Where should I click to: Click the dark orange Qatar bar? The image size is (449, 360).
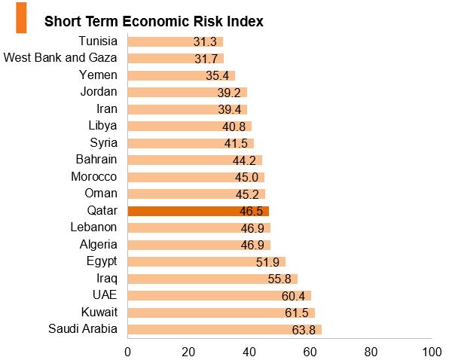pos(198,211)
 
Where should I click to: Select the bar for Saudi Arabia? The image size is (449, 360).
pos(225,329)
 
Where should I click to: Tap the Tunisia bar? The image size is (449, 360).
pos(176,41)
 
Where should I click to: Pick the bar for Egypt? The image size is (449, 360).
pos(206,262)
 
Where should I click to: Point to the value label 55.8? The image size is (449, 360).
pos(279,279)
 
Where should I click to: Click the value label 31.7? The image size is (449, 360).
pos(206,59)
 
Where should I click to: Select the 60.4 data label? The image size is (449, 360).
pos(293,296)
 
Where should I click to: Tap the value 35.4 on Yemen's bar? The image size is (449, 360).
pos(217,76)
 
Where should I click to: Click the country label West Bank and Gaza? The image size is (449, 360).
pos(60,57)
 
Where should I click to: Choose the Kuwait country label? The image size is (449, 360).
pos(99,312)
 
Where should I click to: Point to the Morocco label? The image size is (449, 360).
pos(94,176)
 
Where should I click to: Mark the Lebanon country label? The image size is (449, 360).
pos(93,227)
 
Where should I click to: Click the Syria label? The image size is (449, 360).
pos(103,143)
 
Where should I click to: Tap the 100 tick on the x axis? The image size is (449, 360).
pos(432,352)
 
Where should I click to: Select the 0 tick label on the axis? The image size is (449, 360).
pos(128,352)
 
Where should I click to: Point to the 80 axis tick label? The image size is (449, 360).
pos(371,352)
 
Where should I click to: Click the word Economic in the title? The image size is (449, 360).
pos(156,21)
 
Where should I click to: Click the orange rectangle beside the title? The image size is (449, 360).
pos(21,18)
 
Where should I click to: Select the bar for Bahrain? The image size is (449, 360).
pos(195,160)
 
